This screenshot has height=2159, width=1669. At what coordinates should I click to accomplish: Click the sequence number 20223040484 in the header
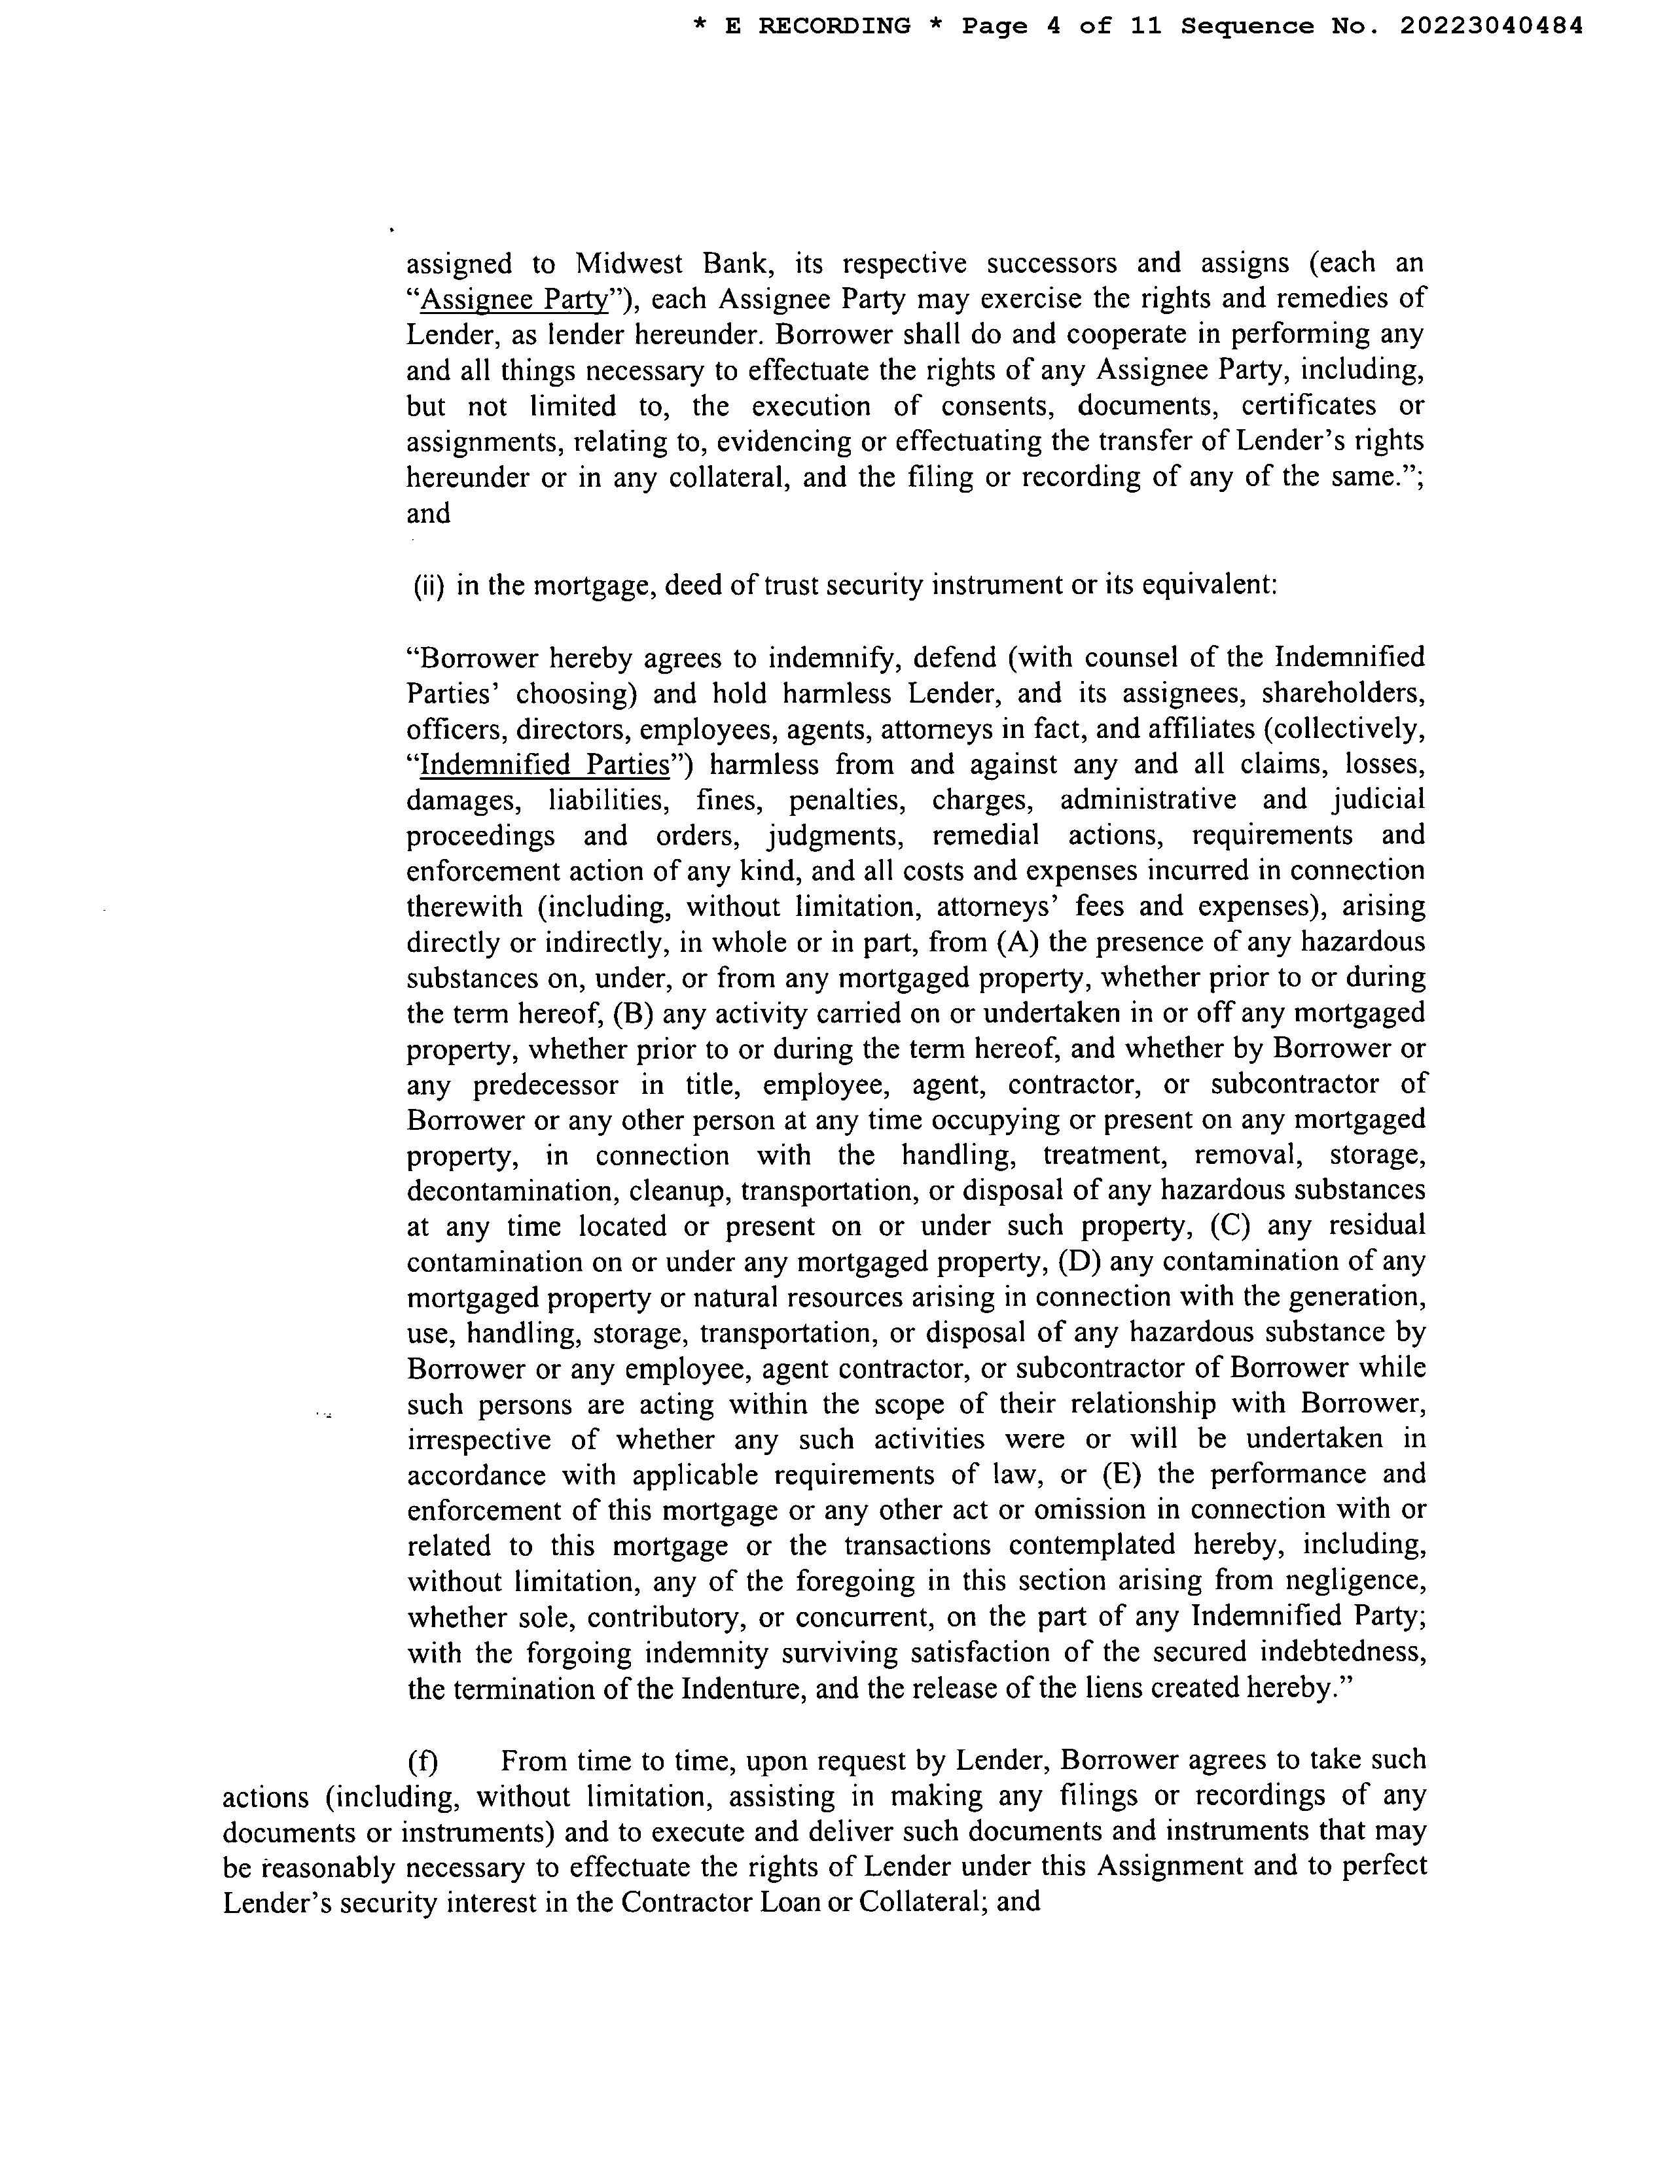1491,27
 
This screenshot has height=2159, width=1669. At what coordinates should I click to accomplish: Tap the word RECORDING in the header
834,27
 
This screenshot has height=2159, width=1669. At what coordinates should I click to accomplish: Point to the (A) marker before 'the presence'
1017,942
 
